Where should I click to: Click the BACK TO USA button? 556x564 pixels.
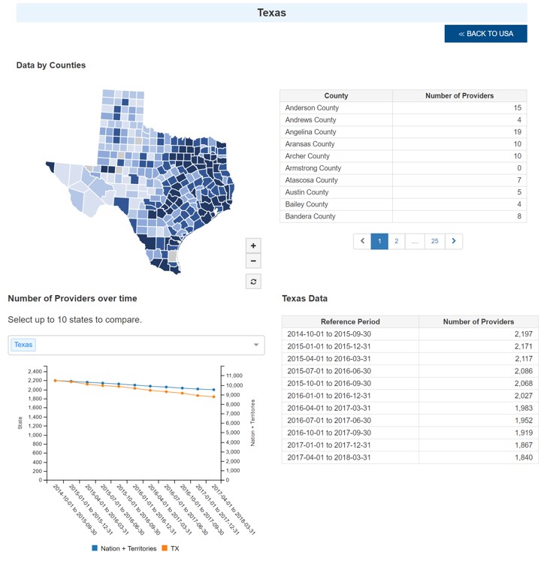click(x=485, y=34)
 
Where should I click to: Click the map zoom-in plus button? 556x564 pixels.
click(x=253, y=246)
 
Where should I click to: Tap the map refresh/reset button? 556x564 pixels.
click(x=253, y=281)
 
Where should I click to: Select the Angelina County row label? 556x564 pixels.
click(x=310, y=132)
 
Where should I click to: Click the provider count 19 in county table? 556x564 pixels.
click(x=516, y=132)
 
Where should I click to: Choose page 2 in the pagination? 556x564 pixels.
click(x=396, y=241)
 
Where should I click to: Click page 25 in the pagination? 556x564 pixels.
click(x=434, y=241)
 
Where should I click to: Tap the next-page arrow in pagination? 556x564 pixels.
click(x=454, y=241)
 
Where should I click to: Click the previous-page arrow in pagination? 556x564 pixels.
click(x=362, y=241)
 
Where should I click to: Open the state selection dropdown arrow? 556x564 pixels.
click(x=256, y=345)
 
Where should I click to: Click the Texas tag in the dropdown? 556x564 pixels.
click(x=23, y=345)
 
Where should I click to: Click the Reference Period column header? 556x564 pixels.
click(x=350, y=321)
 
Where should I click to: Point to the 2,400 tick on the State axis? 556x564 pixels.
click(x=35, y=372)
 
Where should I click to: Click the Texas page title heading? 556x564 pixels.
click(x=271, y=13)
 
